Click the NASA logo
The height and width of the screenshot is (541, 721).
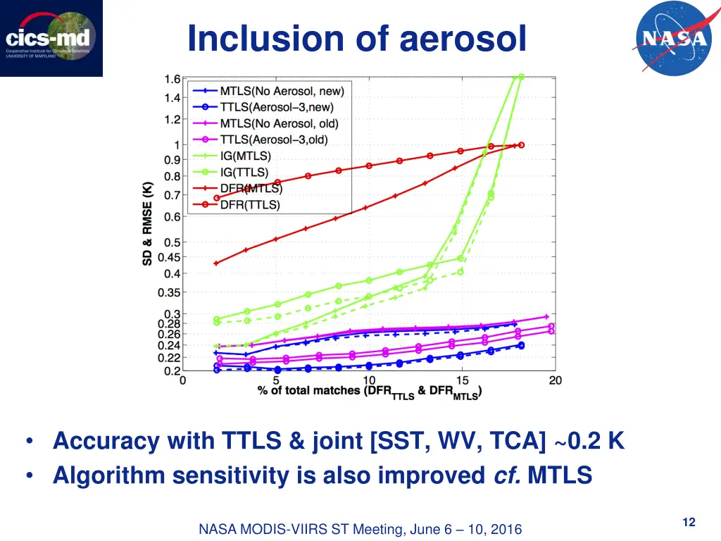[x=672, y=38]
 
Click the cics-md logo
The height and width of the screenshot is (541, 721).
[x=51, y=38]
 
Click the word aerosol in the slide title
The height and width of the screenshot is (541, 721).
[x=463, y=39]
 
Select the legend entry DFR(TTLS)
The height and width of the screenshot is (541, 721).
[x=250, y=205]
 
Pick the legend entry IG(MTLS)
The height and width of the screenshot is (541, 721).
[x=245, y=156]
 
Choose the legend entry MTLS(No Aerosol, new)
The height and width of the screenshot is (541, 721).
[x=281, y=91]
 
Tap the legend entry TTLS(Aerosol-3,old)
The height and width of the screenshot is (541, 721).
[x=274, y=139]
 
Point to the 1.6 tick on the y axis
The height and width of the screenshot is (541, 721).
[x=172, y=79]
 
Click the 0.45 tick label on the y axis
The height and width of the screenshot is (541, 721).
[x=168, y=257]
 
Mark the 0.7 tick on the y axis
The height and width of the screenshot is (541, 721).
[x=172, y=195]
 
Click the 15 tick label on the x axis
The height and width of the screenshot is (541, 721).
[x=461, y=381]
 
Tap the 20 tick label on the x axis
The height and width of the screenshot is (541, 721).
[x=555, y=381]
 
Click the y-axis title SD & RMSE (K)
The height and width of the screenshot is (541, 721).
[x=148, y=223]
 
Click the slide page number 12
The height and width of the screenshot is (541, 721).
[x=689, y=522]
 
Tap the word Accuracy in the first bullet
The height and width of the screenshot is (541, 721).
[x=106, y=442]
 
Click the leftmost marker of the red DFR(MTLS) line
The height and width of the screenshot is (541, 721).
[x=216, y=263]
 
